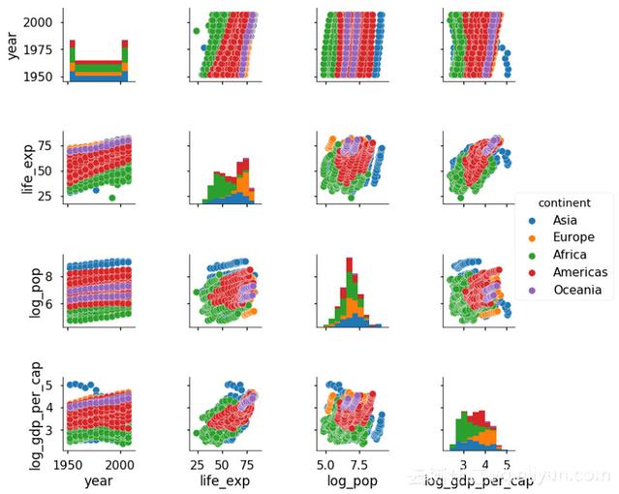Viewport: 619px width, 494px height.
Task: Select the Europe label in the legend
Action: (x=573, y=238)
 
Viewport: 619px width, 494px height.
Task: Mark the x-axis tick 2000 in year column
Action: (x=120, y=463)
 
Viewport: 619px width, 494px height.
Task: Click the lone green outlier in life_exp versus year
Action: (x=113, y=198)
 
